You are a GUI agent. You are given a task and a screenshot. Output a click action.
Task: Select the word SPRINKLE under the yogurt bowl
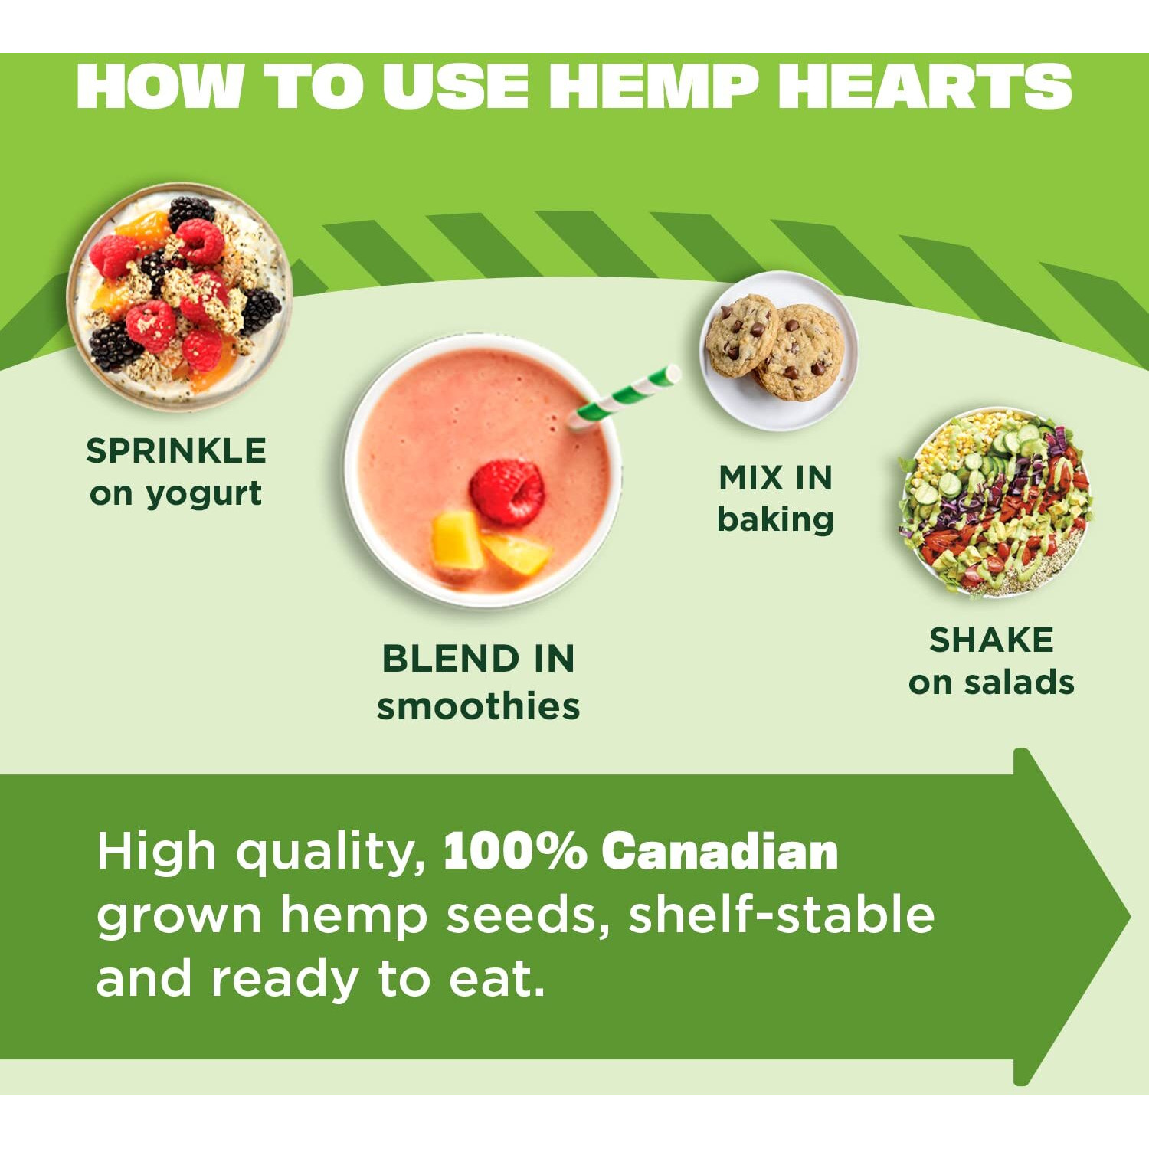point(175,450)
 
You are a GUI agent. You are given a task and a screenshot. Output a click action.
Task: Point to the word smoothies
point(478,706)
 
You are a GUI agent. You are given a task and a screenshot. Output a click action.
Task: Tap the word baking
point(775,520)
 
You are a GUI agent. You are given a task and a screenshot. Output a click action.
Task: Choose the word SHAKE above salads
point(991,640)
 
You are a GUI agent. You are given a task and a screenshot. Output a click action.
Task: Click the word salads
point(1019,683)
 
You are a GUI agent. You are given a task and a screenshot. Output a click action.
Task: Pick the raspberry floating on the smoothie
point(507,492)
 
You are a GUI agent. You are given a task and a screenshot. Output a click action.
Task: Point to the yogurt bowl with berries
point(179,296)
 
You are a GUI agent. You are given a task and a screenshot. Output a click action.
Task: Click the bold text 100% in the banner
point(515,851)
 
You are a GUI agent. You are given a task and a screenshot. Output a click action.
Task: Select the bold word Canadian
point(719,851)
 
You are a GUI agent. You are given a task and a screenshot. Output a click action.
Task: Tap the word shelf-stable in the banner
point(781,915)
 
